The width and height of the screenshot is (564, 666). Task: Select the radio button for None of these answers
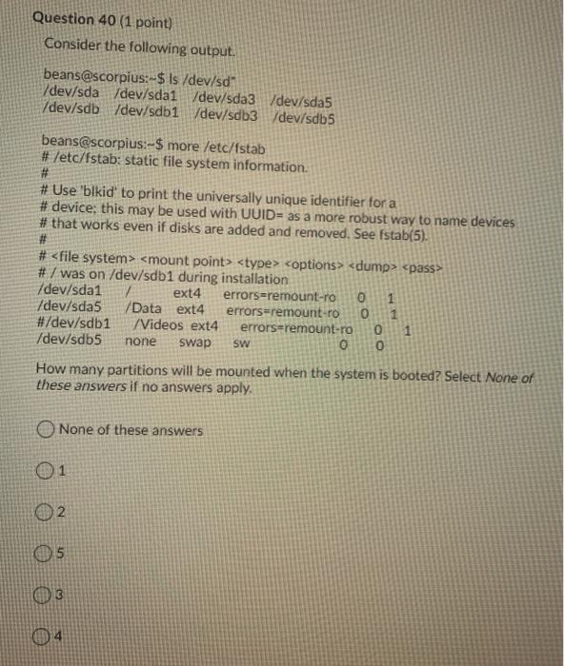48,430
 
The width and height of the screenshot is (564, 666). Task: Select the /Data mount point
146,308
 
